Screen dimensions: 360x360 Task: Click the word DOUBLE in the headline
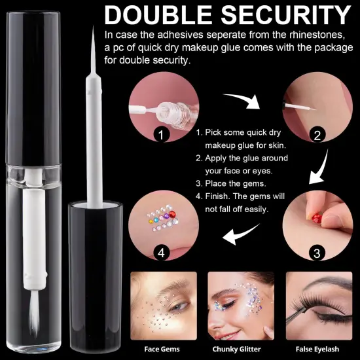(x=158, y=15)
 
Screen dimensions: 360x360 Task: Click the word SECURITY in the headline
(x=286, y=15)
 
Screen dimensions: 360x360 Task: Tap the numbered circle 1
(x=161, y=135)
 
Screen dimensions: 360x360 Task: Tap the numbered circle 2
(x=317, y=135)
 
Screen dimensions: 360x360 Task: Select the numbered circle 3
(x=317, y=253)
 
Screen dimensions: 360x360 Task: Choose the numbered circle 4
(x=161, y=253)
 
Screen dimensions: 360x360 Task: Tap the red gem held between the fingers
(x=316, y=218)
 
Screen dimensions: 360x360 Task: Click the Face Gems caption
(x=162, y=350)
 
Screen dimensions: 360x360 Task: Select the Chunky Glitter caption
(x=236, y=350)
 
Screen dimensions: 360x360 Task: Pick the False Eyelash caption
(x=317, y=350)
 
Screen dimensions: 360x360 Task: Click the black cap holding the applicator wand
(x=96, y=278)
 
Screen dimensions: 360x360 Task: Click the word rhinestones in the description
(x=317, y=35)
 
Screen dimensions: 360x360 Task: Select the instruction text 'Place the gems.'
(x=236, y=183)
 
